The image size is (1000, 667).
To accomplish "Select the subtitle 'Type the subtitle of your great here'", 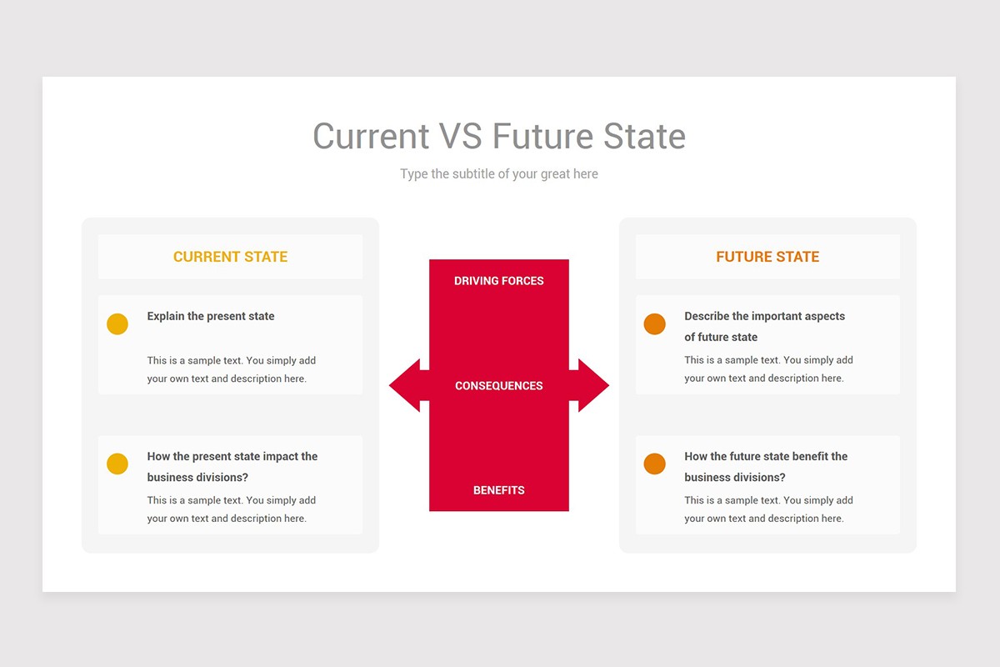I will tap(498, 173).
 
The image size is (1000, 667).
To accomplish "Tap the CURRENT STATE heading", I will tap(230, 257).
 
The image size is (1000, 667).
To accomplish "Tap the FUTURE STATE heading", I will tap(767, 257).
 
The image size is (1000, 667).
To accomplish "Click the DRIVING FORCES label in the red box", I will tap(498, 281).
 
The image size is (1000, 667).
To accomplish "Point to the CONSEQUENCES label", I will tap(498, 386).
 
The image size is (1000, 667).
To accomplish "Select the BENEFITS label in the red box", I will tap(498, 490).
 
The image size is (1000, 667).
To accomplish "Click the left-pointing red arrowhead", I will tap(405, 385).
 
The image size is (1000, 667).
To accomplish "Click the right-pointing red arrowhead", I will tap(593, 385).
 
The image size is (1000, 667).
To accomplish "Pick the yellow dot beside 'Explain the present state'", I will tap(117, 324).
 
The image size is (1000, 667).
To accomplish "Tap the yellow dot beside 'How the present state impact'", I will tap(117, 464).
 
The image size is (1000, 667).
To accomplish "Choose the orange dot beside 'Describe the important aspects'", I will tap(655, 324).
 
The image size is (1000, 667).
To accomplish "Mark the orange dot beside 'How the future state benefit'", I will tap(655, 464).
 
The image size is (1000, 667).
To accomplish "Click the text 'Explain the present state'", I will tap(211, 316).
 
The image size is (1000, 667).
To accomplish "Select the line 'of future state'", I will tap(721, 337).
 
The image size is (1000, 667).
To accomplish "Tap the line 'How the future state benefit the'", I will tap(766, 456).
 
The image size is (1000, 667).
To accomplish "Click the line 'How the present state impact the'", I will tap(232, 456).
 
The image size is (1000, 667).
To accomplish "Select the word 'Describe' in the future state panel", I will tap(707, 316).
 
